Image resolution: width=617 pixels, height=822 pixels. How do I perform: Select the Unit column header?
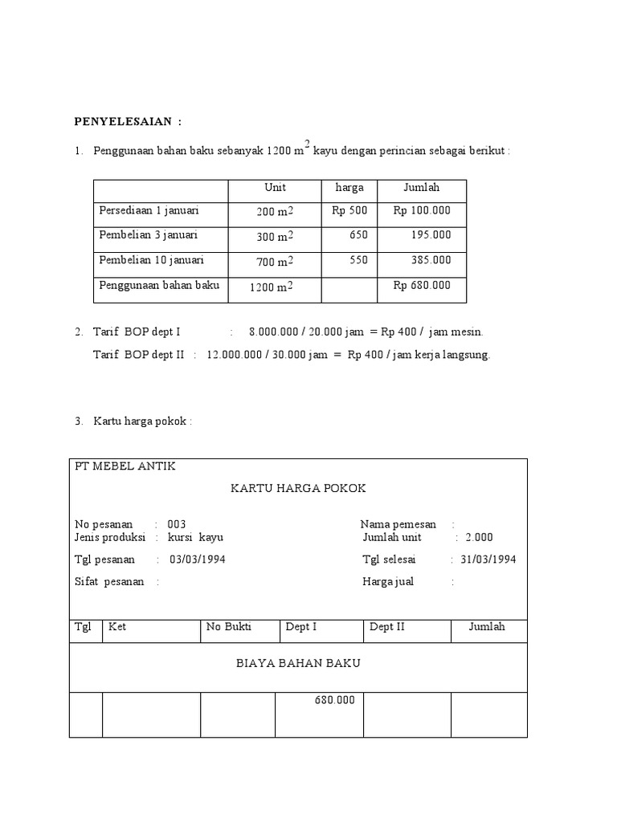point(275,188)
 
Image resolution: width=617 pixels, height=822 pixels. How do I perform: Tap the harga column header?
point(349,188)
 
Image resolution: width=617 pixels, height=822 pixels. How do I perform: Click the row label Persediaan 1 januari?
point(149,210)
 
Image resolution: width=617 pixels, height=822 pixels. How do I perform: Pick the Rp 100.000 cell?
point(422,211)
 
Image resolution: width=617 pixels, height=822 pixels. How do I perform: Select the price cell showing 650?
point(358,235)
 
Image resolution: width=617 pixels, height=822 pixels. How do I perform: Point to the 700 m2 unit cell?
point(275,262)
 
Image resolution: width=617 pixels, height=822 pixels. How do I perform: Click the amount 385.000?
point(433,260)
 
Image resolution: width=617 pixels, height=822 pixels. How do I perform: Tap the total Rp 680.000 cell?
point(422,285)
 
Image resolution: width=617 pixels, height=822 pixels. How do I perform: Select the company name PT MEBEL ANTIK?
point(125,466)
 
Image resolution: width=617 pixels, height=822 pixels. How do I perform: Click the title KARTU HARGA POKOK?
point(298,489)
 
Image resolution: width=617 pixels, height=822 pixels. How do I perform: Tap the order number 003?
point(177,524)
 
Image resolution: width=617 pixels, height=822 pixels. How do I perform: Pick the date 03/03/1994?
point(198,560)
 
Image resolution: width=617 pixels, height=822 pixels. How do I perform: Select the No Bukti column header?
point(228,627)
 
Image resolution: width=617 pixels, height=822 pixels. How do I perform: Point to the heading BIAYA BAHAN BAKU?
point(298,664)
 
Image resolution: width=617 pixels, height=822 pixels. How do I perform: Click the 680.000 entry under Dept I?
point(334,701)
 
